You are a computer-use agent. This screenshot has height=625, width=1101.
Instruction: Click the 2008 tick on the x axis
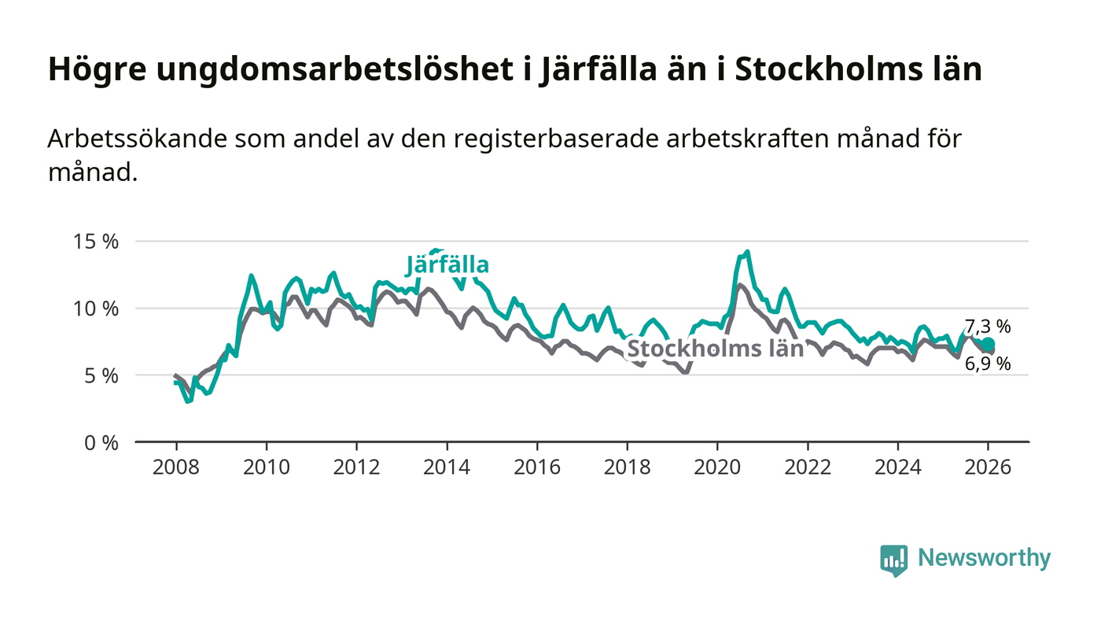pos(175,467)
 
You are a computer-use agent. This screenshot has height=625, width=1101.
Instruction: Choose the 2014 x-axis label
pos(447,467)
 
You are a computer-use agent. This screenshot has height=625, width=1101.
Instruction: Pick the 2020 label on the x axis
pos(717,467)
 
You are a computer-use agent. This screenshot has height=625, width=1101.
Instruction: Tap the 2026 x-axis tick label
pos(989,467)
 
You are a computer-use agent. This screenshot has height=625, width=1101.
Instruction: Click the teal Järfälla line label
pos(448,266)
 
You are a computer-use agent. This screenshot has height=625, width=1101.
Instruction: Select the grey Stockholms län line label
pos(715,349)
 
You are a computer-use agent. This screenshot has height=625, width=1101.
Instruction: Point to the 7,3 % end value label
pos(988,327)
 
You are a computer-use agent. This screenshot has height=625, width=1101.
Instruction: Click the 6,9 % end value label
pos(988,364)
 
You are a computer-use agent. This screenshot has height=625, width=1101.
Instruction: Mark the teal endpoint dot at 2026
pos(989,344)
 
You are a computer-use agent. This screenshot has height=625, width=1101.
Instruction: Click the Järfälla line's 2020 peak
pos(746,252)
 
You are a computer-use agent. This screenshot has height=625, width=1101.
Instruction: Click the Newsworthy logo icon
pos(893,560)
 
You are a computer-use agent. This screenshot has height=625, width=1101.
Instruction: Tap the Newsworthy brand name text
pos(984,558)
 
